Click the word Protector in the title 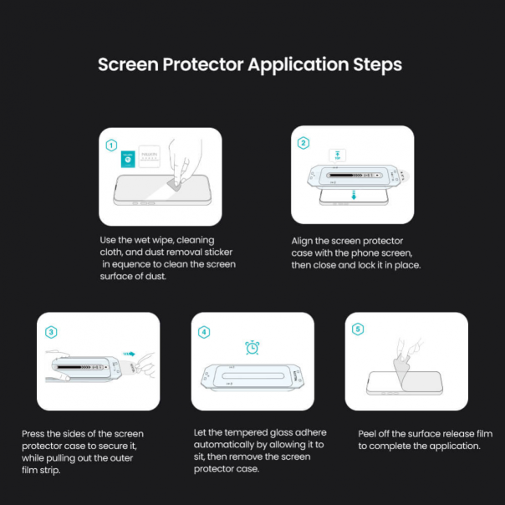201,64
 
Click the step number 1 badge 111,145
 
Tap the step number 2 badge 303,143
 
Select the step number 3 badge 51,332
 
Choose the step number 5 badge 358,329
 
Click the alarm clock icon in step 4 252,347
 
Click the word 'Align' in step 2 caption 304,240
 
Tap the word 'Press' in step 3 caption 35,434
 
